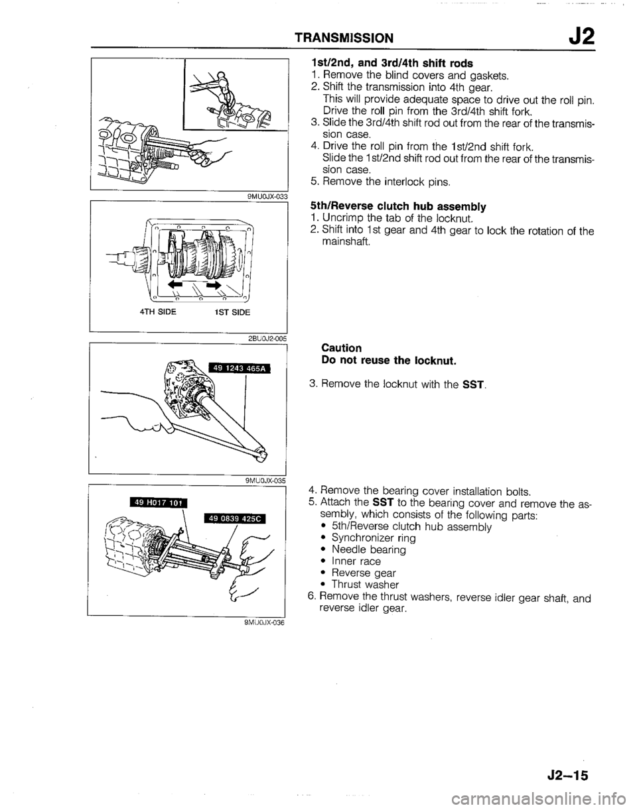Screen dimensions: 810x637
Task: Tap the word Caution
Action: (341, 347)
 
